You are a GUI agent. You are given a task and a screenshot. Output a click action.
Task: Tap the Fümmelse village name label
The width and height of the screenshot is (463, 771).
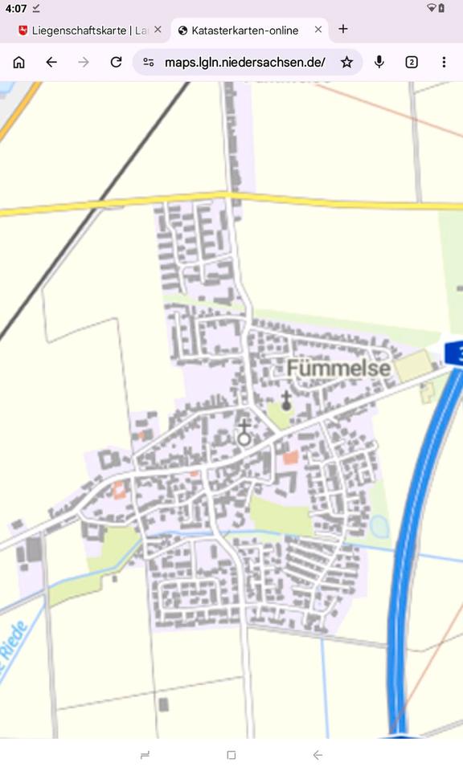(x=339, y=369)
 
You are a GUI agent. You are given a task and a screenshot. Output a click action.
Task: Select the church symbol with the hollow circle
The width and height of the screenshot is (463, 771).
(x=244, y=433)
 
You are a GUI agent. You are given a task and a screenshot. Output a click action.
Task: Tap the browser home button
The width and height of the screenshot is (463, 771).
(x=19, y=62)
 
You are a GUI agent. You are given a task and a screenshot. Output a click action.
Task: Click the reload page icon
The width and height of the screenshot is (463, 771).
(x=116, y=62)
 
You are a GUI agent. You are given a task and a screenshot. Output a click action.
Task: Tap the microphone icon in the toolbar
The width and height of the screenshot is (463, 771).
(x=379, y=62)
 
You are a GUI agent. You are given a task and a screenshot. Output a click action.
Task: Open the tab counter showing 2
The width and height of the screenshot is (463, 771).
(x=412, y=62)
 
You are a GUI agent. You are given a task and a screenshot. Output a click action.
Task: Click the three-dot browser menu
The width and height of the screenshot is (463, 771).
(x=444, y=62)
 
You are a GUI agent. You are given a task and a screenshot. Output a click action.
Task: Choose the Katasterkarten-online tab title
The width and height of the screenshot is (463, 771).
(x=245, y=30)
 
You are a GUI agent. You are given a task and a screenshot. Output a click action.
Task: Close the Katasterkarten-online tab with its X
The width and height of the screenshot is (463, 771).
(x=318, y=30)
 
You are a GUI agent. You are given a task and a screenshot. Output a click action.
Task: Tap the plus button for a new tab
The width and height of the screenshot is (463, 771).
(x=343, y=29)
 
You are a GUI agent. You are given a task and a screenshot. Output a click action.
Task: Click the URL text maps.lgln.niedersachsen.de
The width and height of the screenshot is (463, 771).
(x=244, y=62)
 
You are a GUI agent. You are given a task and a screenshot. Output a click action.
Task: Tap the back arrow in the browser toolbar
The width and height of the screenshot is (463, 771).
(x=51, y=62)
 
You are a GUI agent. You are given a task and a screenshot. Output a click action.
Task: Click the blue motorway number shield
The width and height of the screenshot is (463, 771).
(x=455, y=353)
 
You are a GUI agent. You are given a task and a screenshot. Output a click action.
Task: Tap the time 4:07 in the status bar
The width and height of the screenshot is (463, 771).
(x=16, y=7)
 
